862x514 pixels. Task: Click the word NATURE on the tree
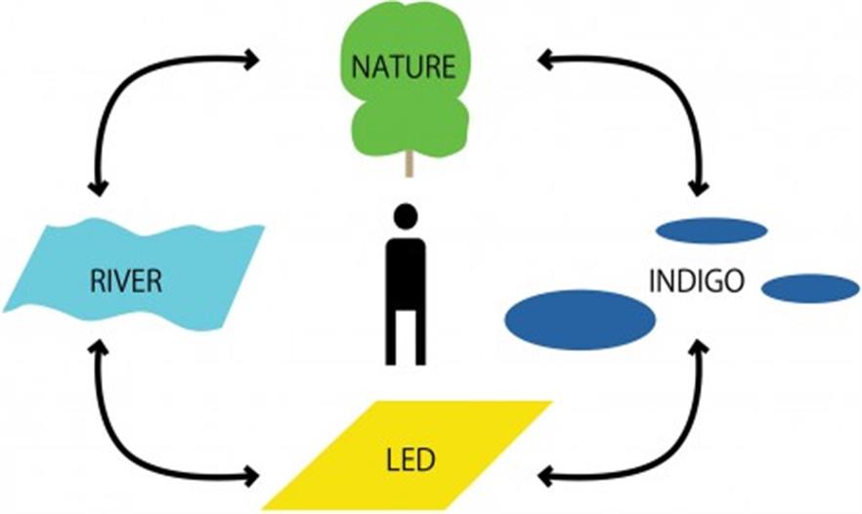coord(404,67)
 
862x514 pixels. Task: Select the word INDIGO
coord(697,281)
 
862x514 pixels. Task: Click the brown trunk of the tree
coord(409,163)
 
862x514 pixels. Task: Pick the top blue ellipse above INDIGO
coord(711,231)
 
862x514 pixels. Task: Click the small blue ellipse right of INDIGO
coord(809,288)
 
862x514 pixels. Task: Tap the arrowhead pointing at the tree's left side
coord(252,61)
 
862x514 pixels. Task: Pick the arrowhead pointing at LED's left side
coord(251,478)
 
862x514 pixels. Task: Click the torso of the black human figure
coord(406,269)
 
